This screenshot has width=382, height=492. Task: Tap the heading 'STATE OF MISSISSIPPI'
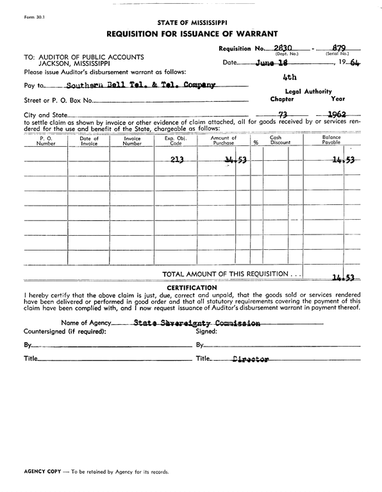pyautogui.click(x=191, y=22)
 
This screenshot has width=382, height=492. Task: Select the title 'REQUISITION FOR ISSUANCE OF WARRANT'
pyautogui.click(x=191, y=33)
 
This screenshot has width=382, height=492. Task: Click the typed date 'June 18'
pyautogui.click(x=271, y=63)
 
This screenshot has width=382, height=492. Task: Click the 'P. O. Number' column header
pyautogui.click(x=46, y=141)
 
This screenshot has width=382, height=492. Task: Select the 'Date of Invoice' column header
pyautogui.click(x=89, y=141)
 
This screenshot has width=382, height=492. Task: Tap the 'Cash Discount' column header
pyautogui.click(x=275, y=141)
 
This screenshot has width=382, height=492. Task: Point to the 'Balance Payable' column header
pyautogui.click(x=331, y=141)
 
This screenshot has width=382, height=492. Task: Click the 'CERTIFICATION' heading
pyautogui.click(x=191, y=288)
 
